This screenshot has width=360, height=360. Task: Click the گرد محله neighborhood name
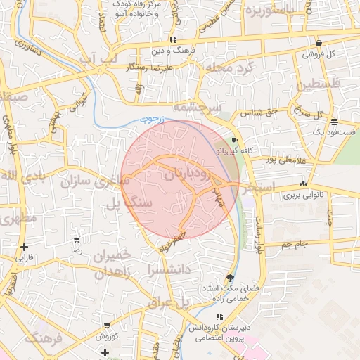227,68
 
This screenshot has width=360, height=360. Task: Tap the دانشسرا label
170,269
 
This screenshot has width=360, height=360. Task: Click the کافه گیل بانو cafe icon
234,139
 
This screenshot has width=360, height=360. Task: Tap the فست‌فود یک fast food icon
333,121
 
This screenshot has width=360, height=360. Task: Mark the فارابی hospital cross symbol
25,247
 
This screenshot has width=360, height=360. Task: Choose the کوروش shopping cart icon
106,326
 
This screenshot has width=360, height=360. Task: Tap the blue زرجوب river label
151,120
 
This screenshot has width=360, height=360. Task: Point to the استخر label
256,189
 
